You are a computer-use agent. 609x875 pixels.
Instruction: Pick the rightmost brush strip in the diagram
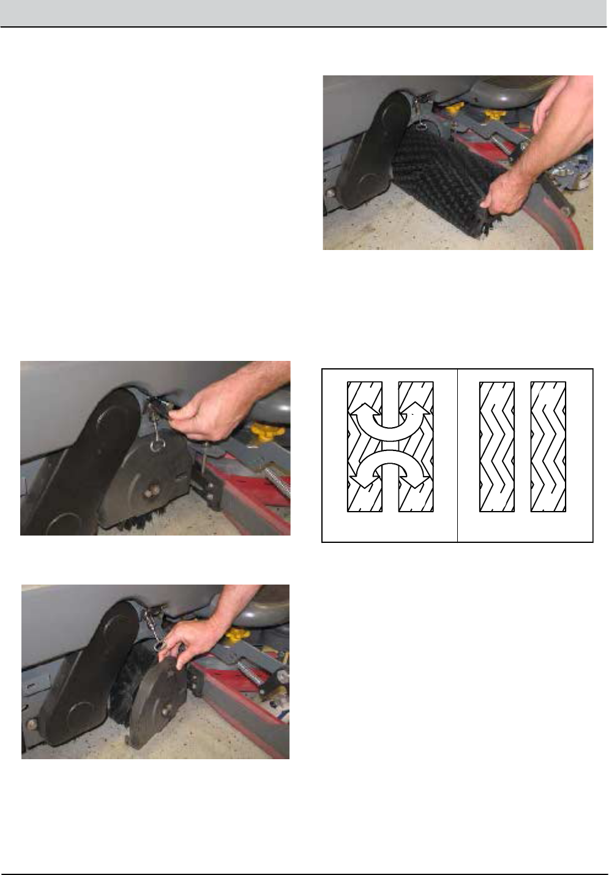tap(548, 446)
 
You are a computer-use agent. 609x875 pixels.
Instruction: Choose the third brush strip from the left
tap(496, 446)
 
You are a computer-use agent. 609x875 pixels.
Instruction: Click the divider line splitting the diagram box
tap(457, 455)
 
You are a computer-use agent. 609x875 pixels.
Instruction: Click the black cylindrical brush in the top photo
tap(438, 178)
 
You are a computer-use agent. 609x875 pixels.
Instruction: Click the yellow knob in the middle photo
tap(261, 435)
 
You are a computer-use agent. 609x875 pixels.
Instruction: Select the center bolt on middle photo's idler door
tap(150, 491)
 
